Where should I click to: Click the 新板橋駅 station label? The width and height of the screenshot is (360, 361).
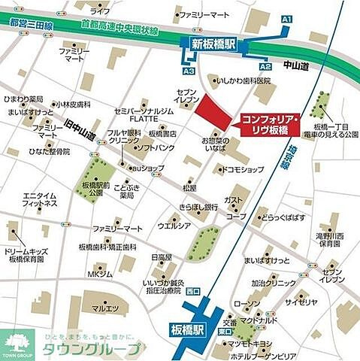213,45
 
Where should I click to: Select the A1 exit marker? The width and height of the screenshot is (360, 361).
286,18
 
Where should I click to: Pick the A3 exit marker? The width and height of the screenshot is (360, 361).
188,71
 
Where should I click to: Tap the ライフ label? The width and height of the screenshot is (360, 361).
99,11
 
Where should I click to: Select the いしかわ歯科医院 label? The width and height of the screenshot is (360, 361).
242,80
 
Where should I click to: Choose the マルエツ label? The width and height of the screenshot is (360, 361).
105,308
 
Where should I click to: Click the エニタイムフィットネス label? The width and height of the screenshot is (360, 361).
41,199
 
